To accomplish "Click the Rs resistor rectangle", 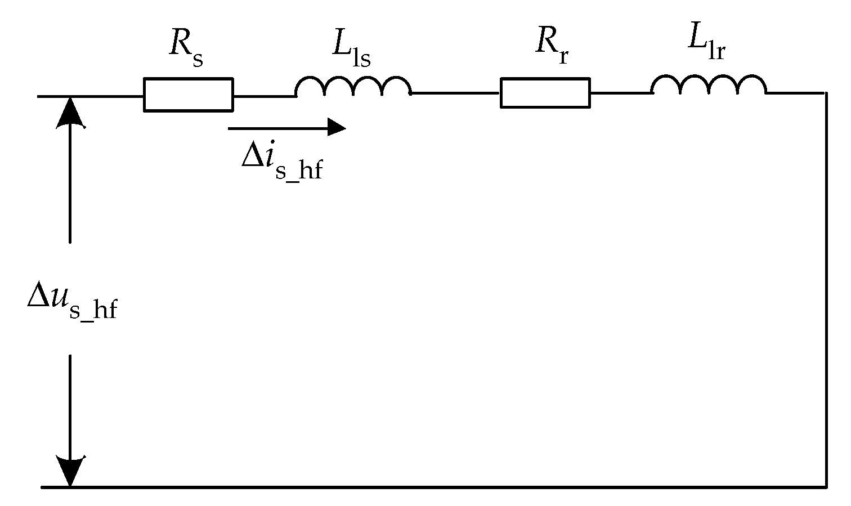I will click(188, 95).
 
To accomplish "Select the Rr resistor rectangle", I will click(545, 93).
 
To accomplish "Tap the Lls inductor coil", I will click(353, 87).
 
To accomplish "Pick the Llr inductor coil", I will click(708, 86).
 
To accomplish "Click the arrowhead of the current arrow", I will click(337, 128).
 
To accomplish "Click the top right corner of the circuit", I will click(826, 93).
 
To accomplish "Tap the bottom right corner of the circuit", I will click(826, 486).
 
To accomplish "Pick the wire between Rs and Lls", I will click(264, 96).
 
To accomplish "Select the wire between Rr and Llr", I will click(620, 93).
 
